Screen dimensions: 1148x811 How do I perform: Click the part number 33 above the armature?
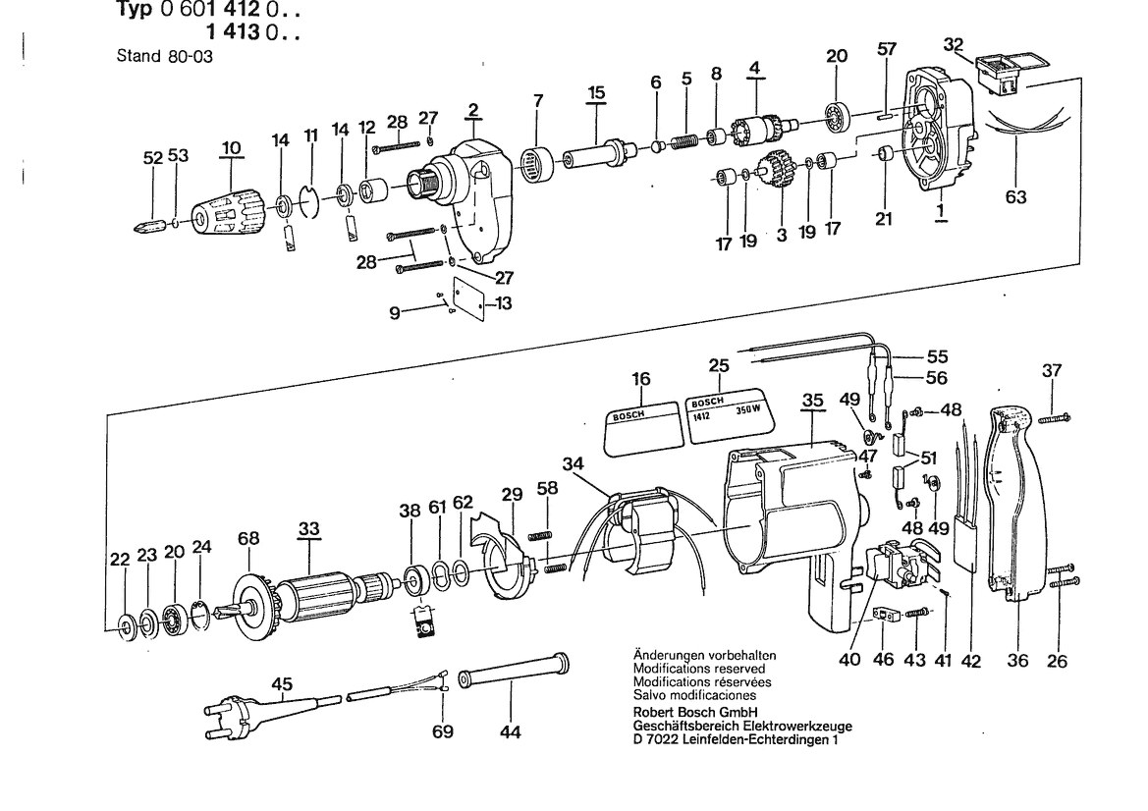309,528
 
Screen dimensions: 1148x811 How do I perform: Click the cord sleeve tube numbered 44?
513,672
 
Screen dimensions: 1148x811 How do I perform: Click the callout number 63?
1016,197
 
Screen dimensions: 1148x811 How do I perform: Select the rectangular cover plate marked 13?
469,297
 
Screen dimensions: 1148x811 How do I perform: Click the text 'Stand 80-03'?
165,56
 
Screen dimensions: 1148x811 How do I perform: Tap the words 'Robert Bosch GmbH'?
695,712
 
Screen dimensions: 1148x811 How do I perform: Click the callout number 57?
887,49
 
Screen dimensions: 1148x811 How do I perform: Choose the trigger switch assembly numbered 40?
898,563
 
